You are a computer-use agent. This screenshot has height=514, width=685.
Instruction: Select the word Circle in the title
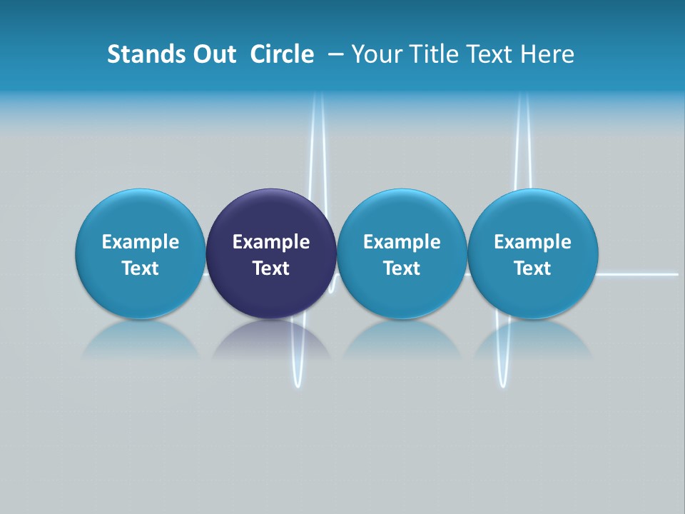point(282,54)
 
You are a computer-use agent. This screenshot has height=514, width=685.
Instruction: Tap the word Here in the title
point(547,54)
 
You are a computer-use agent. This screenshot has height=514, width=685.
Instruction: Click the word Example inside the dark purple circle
point(271,242)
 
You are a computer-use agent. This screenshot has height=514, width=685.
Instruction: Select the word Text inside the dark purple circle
point(271,268)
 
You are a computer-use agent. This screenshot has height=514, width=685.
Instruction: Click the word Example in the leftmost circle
point(141,242)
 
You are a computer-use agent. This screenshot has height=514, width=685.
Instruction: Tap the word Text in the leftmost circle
point(141,268)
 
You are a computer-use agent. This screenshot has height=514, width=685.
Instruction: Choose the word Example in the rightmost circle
point(532,242)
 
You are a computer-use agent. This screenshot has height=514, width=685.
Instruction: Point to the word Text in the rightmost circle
point(532,268)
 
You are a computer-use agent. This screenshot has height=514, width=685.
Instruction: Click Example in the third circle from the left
point(402,242)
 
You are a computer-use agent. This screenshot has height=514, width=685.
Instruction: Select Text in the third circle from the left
point(402,268)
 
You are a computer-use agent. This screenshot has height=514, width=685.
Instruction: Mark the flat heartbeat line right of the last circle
point(639,273)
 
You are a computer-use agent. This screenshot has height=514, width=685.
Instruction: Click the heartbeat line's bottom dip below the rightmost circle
point(504,384)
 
